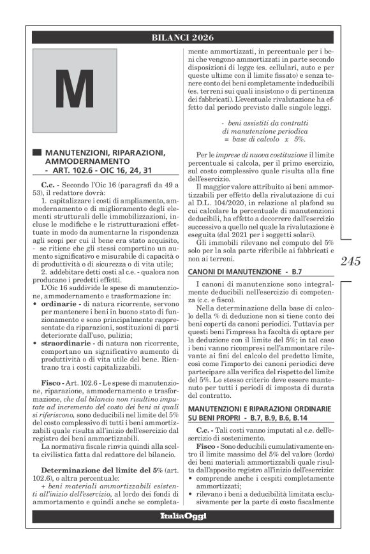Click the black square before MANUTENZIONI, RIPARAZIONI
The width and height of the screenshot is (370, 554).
(37, 154)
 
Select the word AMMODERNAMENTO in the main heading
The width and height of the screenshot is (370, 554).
(84, 163)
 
